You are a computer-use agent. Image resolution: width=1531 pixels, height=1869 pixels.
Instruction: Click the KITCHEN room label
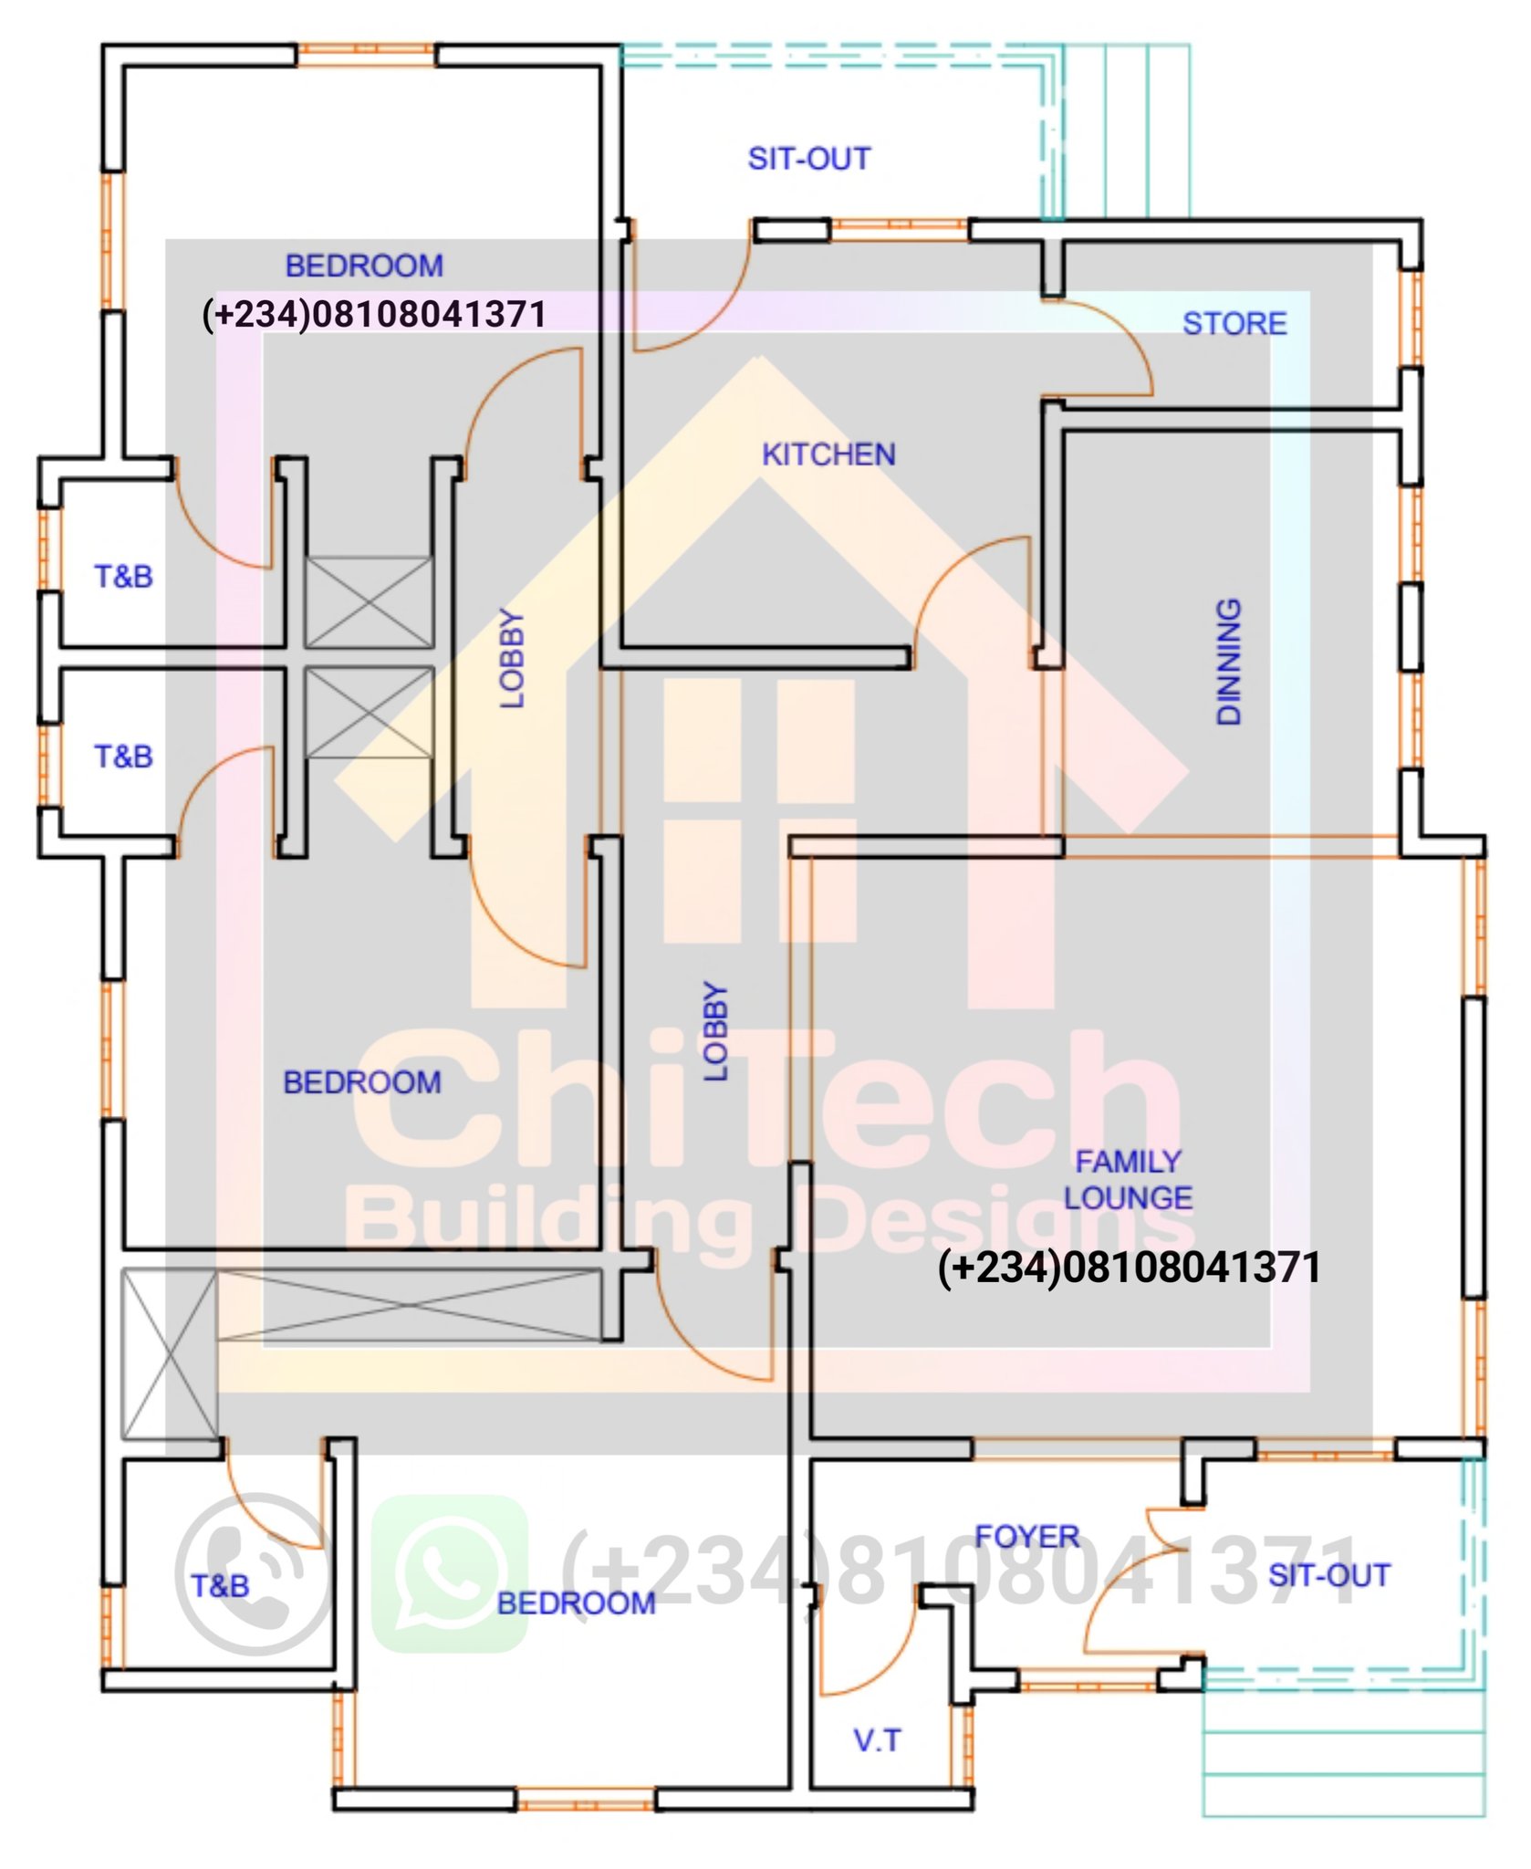pos(828,454)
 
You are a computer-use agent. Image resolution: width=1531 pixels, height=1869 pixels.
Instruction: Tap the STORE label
pos(1234,323)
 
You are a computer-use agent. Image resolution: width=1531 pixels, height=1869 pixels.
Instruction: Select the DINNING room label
pos(1229,662)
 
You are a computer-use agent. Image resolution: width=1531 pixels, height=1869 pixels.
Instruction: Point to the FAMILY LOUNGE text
pos(1129,1179)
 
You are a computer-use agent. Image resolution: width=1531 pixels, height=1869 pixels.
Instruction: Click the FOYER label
pos(1027,1537)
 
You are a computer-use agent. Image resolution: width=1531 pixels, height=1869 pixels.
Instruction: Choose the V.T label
pos(878,1740)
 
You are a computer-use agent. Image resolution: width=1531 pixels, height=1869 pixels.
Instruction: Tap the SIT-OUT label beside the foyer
pos(1329,1575)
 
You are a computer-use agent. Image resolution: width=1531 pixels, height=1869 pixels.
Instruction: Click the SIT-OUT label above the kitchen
pos(809,159)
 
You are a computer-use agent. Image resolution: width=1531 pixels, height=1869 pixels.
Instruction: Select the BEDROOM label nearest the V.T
pos(576,1603)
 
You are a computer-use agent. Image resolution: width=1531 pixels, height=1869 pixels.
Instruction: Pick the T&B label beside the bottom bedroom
pos(220,1585)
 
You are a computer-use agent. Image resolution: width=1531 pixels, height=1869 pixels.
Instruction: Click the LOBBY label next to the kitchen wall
pos(513,658)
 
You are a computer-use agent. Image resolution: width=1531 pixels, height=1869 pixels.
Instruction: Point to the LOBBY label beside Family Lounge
pos(716,1031)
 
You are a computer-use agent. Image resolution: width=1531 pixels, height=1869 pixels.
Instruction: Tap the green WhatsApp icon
pos(450,1573)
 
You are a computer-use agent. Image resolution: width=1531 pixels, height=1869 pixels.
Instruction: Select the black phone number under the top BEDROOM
pos(374,314)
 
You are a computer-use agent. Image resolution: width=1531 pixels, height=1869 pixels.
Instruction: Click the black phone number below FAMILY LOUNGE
pos(1130,1268)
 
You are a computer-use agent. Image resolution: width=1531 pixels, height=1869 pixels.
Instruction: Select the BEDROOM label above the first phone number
pos(364,266)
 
